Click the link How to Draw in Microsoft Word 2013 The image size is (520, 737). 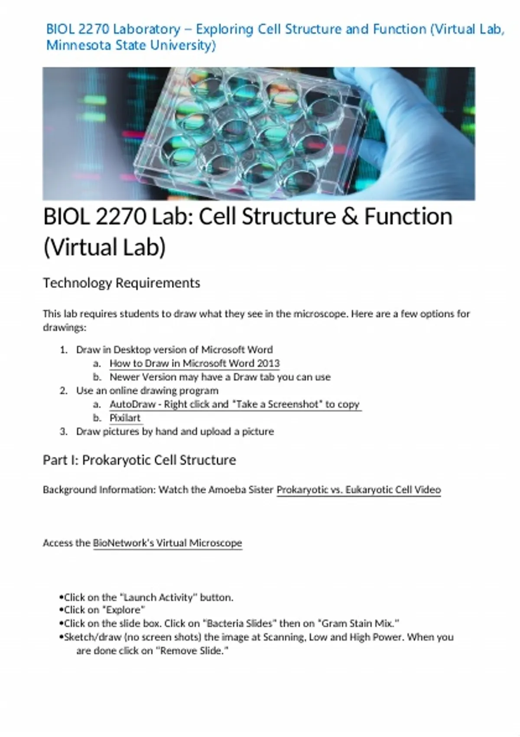tap(195, 363)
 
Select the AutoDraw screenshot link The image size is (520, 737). tap(235, 404)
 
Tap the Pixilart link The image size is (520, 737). tap(125, 418)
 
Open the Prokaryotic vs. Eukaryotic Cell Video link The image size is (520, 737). tap(358, 490)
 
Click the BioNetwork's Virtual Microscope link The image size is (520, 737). tap(168, 543)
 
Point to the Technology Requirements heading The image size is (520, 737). tap(121, 283)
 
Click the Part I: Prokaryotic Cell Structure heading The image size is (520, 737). tap(140, 460)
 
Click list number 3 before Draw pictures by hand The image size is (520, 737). tap(63, 431)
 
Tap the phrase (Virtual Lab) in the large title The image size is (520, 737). tap(104, 248)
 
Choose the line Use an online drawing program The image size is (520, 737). tap(147, 391)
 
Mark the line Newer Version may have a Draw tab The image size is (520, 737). tap(220, 377)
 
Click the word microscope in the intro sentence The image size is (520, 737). tap(320, 314)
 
